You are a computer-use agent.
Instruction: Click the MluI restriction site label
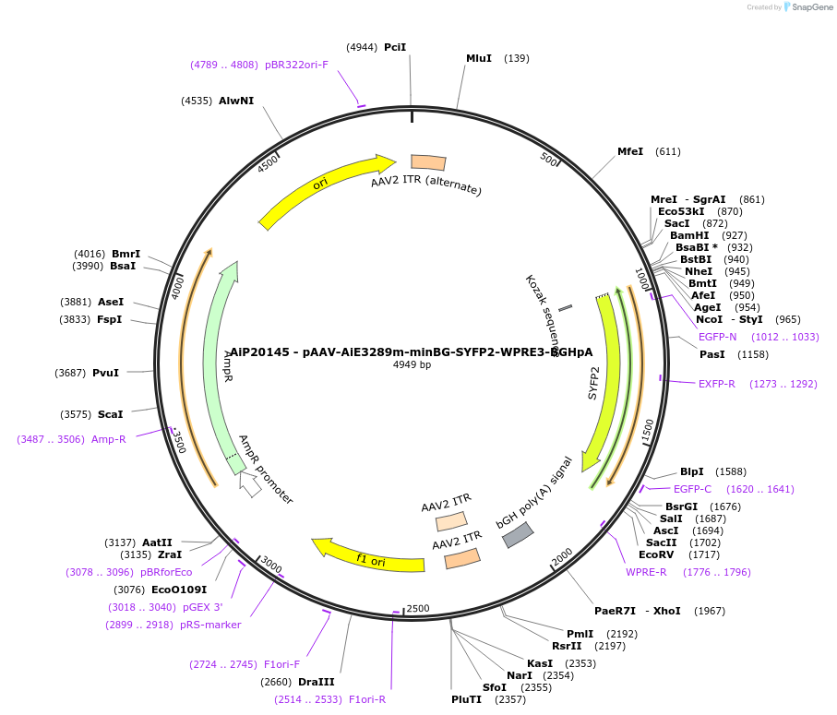pos(479,58)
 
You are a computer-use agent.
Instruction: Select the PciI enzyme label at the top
pos(395,47)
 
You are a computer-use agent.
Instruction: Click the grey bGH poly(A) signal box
pos(518,534)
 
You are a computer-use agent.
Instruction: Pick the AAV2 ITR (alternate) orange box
pos(428,162)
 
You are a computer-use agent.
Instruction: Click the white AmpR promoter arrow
pos(249,483)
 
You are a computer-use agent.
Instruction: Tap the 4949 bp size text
pos(412,364)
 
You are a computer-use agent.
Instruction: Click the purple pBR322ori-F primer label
pos(296,65)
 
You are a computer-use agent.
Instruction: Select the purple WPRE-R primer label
pos(646,572)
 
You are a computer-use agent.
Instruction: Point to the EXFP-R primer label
pos(716,384)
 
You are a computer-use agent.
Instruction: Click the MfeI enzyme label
pos(630,151)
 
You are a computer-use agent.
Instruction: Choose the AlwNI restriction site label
pos(236,101)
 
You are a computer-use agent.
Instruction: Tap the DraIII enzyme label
pos(317,682)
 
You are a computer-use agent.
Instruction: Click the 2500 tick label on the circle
pos(418,608)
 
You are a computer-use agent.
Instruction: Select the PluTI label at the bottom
pos(466,699)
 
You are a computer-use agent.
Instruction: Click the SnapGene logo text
pos(809,7)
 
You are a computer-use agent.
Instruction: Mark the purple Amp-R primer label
pos(108,439)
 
